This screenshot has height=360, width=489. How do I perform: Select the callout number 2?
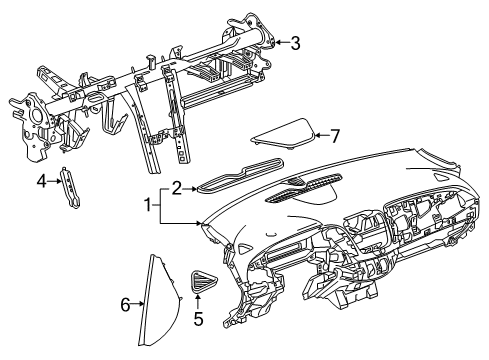[176, 186]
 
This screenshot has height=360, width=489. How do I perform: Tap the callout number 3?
[295, 42]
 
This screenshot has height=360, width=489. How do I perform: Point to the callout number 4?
[42, 181]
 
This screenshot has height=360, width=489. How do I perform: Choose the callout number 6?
[125, 304]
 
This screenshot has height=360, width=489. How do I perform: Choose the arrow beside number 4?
[55, 181]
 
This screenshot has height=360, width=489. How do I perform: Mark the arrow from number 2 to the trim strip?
[189, 186]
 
